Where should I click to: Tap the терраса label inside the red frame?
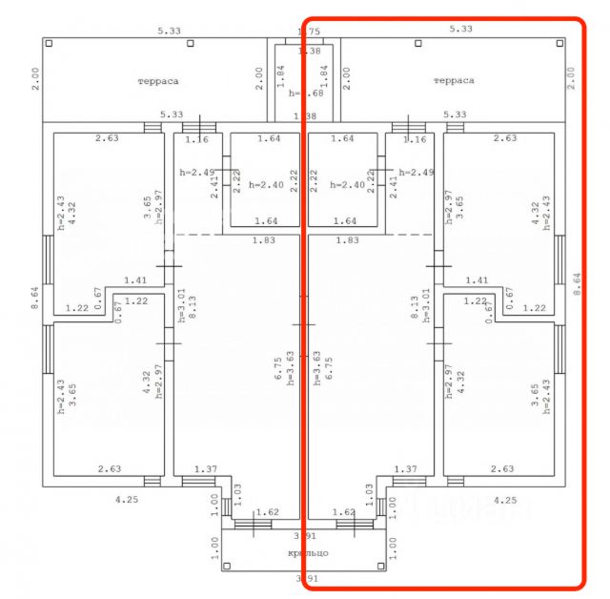453,82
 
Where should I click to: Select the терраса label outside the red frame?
157,82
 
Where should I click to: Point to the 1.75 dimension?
309,32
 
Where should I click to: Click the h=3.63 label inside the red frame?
315,365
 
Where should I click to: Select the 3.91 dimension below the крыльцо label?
306,578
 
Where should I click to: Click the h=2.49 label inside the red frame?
416,173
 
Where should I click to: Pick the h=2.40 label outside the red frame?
267,185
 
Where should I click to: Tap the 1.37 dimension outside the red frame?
206,469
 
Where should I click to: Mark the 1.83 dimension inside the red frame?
346,240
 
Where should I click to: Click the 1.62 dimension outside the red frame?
268,512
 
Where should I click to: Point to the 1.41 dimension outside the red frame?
135,280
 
